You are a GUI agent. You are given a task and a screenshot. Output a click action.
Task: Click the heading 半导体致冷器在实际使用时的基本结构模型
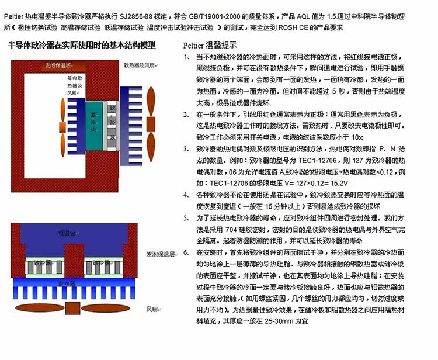pyautogui.click(x=82, y=46)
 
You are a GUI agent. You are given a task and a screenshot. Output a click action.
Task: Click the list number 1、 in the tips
pyautogui.click(x=186, y=57)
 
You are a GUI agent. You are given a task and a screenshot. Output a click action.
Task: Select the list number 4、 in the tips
pyautogui.click(x=186, y=193)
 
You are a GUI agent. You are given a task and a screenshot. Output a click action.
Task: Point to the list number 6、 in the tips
pyautogui.click(x=186, y=252)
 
